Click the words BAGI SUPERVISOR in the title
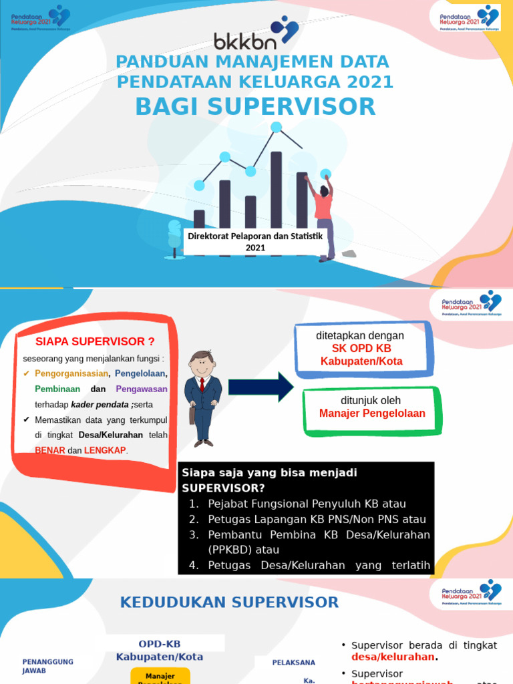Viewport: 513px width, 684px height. (256, 107)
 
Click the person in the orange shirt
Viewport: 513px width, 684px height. (324, 214)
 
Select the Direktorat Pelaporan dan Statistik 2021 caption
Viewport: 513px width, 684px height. (255, 242)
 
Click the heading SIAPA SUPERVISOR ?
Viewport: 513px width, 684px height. (95, 342)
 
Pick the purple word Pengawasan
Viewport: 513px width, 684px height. (142, 389)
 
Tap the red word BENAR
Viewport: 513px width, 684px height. (50, 450)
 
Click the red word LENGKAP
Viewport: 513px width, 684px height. (104, 450)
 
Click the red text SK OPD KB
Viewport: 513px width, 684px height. (361, 349)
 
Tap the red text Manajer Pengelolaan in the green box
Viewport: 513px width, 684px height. (372, 413)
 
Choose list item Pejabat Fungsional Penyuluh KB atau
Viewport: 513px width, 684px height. (307, 504)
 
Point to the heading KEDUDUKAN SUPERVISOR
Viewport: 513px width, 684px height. (229, 603)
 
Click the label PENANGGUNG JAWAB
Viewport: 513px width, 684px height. (47, 666)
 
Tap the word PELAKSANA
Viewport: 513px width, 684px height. (293, 663)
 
